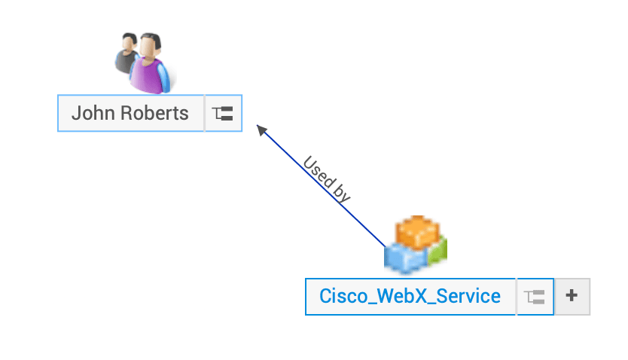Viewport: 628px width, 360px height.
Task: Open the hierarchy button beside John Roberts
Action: click(223, 114)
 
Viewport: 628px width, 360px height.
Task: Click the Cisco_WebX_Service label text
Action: click(410, 296)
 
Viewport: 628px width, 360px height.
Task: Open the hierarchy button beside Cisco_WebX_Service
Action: click(535, 297)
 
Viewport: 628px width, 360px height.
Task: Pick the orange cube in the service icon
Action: click(416, 231)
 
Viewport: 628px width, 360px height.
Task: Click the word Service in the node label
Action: click(471, 296)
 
